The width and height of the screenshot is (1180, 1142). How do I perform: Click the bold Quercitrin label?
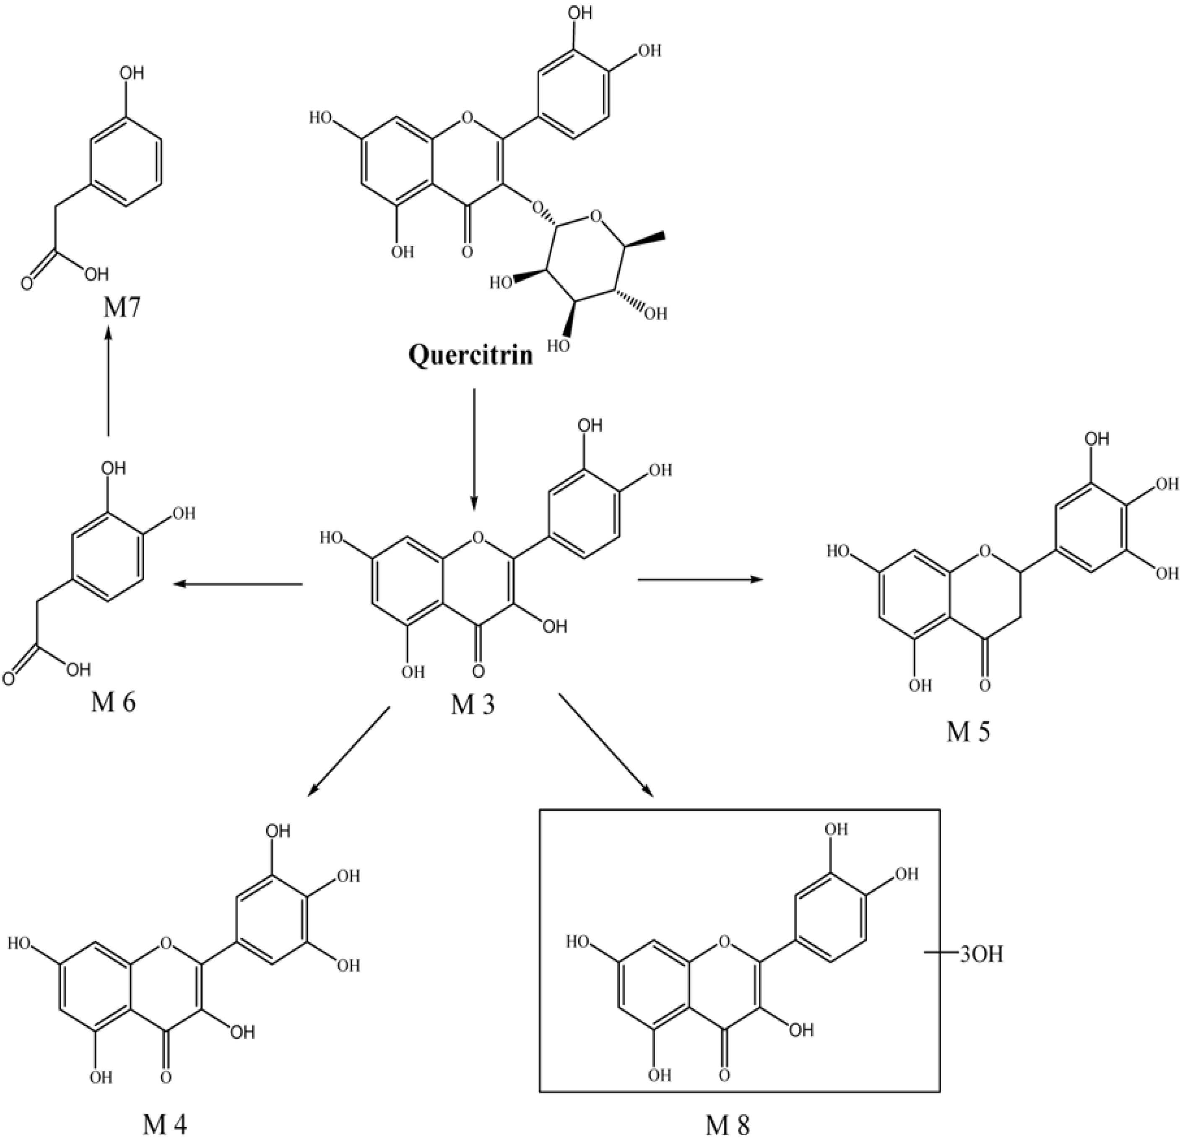click(x=470, y=355)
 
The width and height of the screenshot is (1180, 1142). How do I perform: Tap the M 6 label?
click(x=114, y=702)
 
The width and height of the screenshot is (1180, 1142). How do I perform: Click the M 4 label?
click(x=165, y=1124)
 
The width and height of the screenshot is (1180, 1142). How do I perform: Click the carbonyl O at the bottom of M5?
click(x=984, y=685)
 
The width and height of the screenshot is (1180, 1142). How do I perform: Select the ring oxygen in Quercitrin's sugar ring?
click(x=595, y=215)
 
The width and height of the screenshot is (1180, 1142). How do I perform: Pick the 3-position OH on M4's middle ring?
click(x=243, y=1033)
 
